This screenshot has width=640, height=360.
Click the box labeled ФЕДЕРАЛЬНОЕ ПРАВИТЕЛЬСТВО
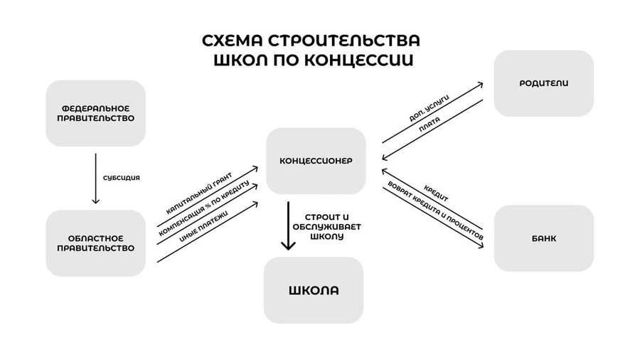point(95,113)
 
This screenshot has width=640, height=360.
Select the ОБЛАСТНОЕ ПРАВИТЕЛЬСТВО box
point(95,243)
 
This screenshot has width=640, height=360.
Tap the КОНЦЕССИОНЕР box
point(316,160)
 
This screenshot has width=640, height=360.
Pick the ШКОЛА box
point(313,290)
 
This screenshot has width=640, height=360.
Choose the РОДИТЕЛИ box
point(544,83)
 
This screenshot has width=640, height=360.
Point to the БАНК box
point(544,238)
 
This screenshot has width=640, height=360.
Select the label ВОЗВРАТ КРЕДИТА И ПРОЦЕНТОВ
point(434,211)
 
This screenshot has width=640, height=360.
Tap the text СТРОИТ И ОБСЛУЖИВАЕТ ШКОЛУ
point(326,226)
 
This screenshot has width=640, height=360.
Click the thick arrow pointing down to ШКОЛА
point(288,226)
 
